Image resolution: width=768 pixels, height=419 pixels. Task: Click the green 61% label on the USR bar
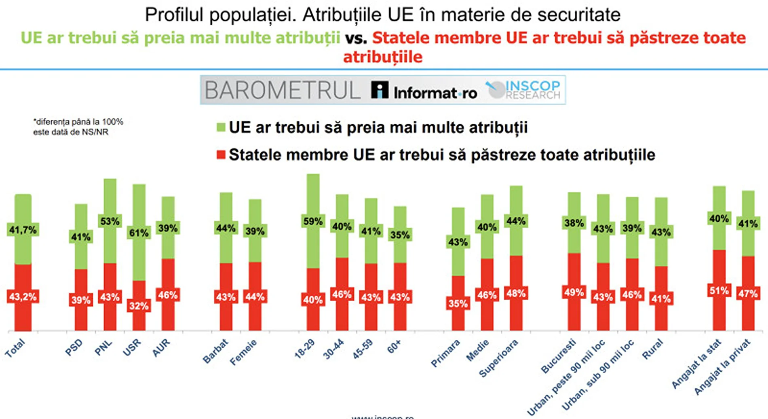pos(139,233)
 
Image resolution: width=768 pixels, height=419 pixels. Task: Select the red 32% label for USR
pos(139,306)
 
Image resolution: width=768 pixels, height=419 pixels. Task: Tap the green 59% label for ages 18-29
pos(313,221)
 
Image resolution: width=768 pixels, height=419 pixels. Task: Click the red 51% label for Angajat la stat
pos(719,290)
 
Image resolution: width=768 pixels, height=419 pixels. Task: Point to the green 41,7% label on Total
pos(23,230)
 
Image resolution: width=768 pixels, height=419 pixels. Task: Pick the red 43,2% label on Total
pos(23,297)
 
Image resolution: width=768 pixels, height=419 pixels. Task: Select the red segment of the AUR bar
pos(168,315)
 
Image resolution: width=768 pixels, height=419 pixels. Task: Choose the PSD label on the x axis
pos(74,347)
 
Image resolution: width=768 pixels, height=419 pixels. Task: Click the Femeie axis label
pos(243,352)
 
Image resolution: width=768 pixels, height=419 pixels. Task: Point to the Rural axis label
pos(653,349)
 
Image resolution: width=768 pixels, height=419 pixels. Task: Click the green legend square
pos(221,127)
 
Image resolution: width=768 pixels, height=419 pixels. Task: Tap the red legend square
pos(221,155)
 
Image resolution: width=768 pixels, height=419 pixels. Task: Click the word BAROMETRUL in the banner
pos(282,90)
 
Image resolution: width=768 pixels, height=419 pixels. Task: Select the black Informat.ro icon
pos(380,90)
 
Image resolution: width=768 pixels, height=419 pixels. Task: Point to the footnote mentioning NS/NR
pos(78,127)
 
